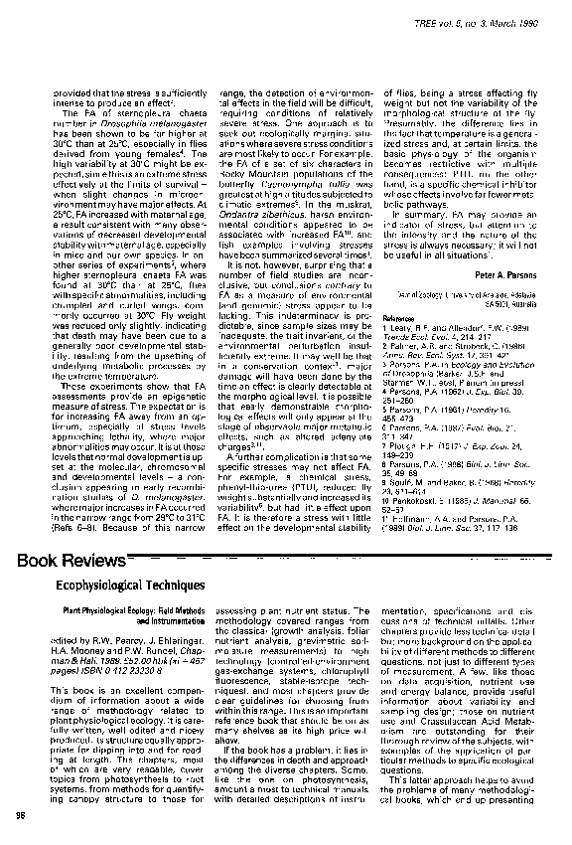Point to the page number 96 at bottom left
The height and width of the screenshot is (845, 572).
coord(21,816)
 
